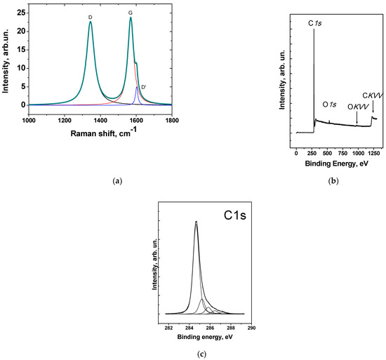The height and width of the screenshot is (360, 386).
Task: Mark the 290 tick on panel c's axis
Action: click(251, 327)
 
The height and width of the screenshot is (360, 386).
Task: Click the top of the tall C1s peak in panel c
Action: click(196, 222)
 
